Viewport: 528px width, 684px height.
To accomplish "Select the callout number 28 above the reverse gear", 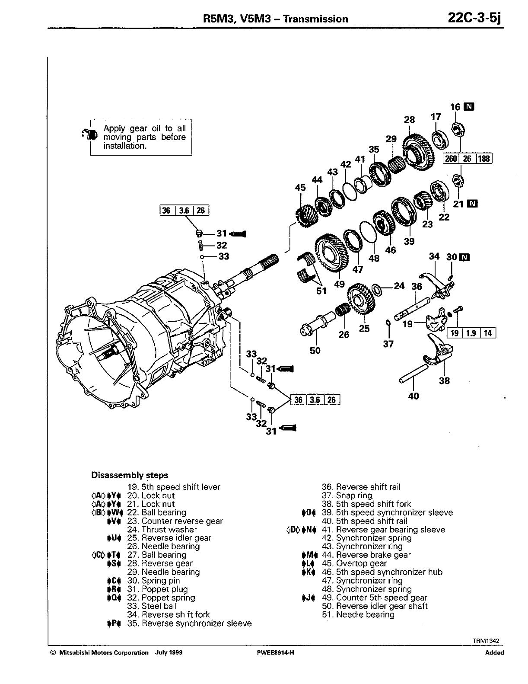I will tap(409, 120).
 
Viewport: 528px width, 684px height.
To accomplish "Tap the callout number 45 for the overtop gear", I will tap(300, 187).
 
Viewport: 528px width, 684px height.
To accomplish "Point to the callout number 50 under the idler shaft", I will tap(315, 350).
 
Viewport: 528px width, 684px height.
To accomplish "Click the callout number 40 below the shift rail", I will tap(413, 396).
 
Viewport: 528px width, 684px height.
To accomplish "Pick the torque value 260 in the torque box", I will tap(451, 158).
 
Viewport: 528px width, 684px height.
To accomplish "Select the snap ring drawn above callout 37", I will tap(388, 323).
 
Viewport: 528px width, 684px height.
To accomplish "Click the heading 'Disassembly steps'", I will tap(130, 475).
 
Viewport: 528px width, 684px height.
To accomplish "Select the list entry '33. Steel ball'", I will tap(152, 606).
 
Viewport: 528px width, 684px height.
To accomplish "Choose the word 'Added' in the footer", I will tap(494, 653).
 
